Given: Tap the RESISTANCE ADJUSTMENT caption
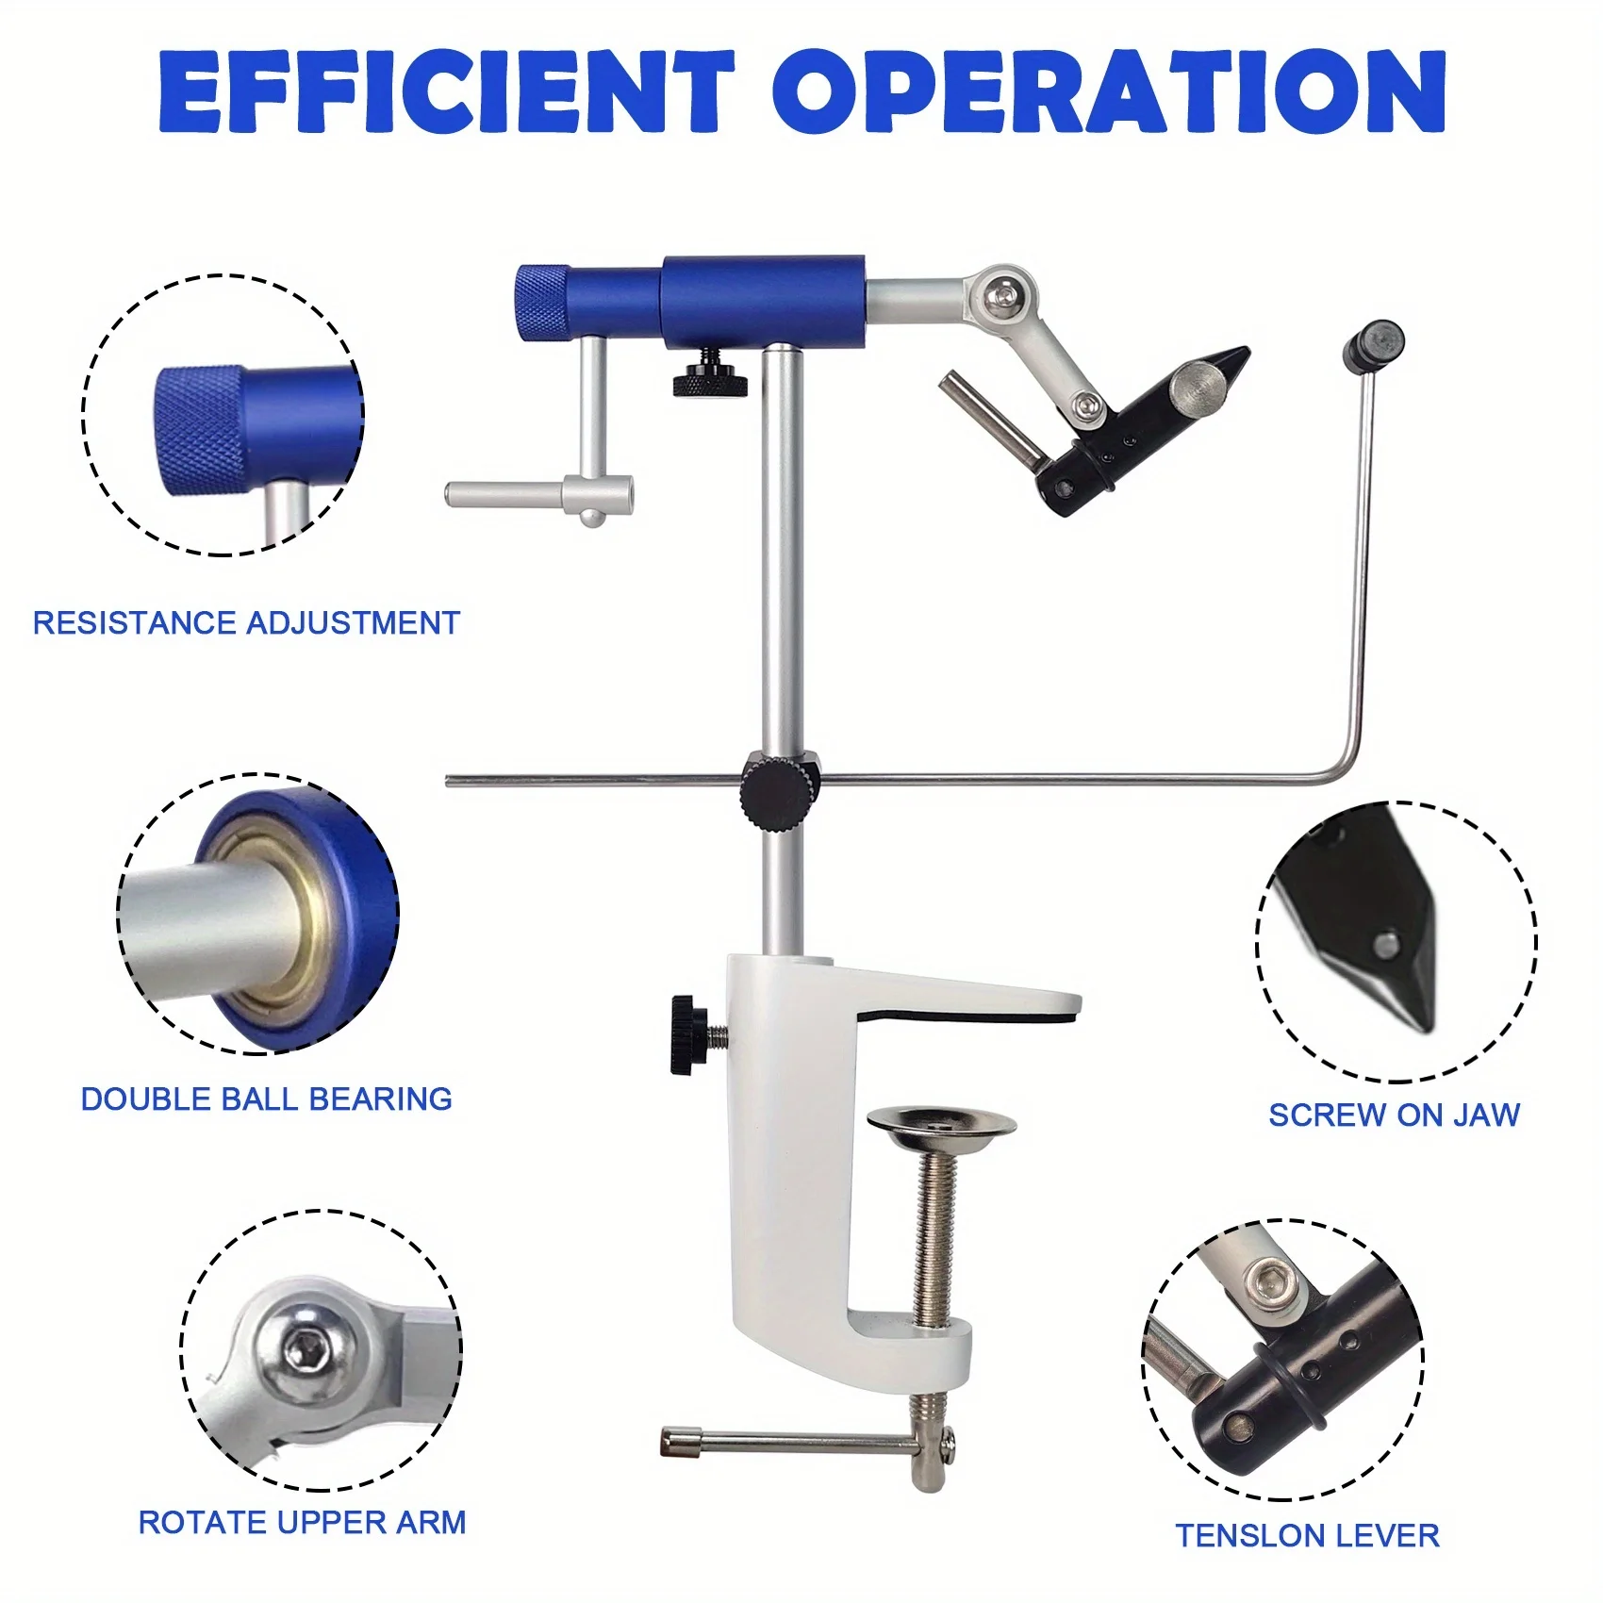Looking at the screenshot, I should [x=246, y=623].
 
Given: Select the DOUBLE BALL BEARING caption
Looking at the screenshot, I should [x=266, y=1099].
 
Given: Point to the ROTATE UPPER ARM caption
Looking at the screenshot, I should [x=302, y=1523].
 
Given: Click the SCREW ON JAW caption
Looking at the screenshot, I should [x=1394, y=1115].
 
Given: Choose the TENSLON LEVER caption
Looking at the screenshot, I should [x=1307, y=1536].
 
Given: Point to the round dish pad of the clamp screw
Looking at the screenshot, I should [x=940, y=1124].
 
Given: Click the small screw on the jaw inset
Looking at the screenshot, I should [x=1384, y=943].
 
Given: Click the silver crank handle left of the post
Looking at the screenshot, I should [x=537, y=494].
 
